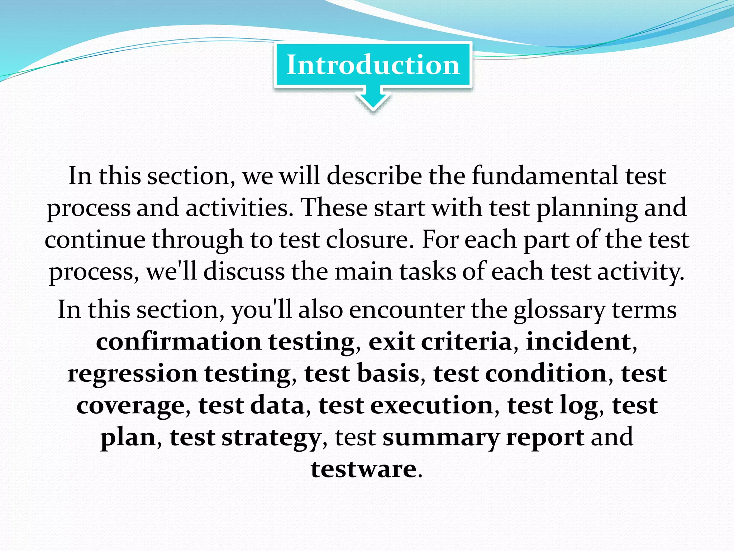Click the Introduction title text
coord(373,65)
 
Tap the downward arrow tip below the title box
coord(373,107)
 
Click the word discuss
coord(244,272)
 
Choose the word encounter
coord(406,310)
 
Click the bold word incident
coord(578,342)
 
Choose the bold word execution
coord(432,405)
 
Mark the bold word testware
coord(363,469)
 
